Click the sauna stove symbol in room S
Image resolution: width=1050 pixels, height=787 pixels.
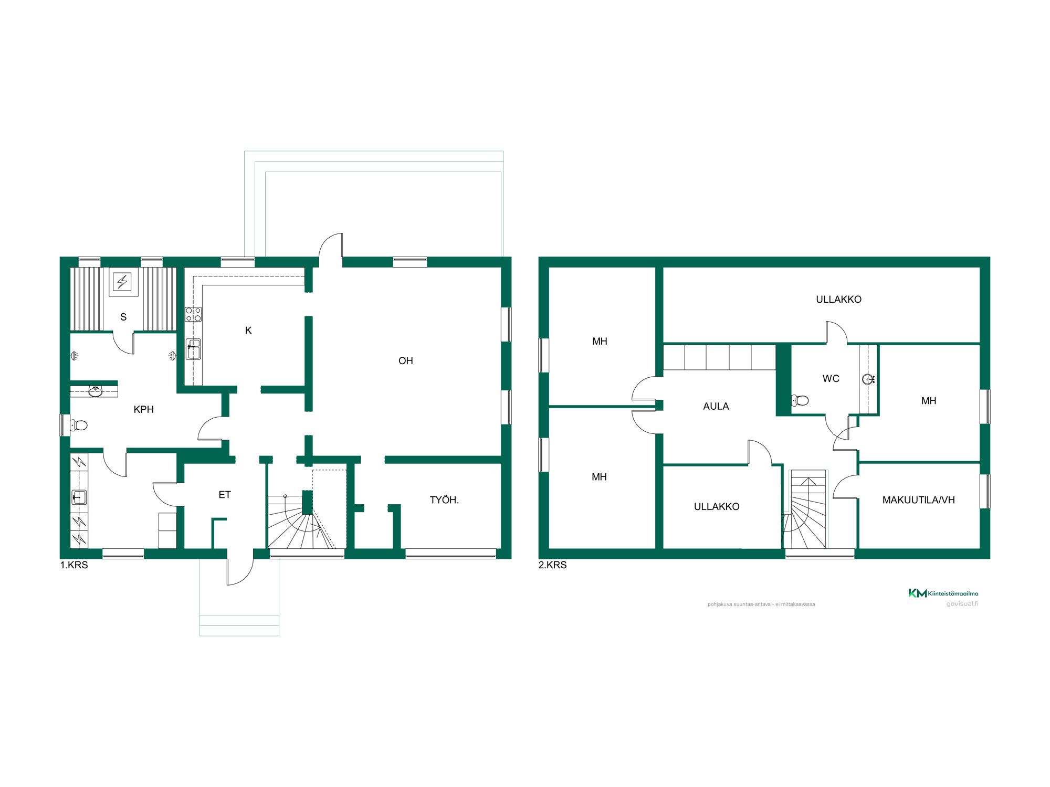[122, 282]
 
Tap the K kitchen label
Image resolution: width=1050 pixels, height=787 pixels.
[248, 331]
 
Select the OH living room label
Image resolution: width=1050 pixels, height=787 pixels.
[406, 361]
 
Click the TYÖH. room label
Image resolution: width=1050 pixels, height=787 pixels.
[444, 500]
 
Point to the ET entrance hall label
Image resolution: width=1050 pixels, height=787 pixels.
[225, 495]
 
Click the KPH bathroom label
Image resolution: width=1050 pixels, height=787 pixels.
[144, 409]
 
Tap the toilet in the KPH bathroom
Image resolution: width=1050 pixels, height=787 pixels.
[79, 425]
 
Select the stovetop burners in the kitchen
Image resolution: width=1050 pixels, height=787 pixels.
[193, 314]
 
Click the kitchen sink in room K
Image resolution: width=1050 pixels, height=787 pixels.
[193, 349]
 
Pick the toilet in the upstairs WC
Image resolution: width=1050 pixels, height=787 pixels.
[800, 401]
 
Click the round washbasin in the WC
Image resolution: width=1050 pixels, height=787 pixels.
[868, 379]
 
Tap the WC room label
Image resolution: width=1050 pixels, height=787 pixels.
[831, 379]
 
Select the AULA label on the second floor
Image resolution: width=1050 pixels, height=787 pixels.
[716, 406]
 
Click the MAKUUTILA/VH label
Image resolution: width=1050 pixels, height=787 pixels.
[919, 500]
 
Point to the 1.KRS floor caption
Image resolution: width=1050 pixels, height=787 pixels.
[74, 565]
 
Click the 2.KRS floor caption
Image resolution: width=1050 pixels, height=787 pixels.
[553, 565]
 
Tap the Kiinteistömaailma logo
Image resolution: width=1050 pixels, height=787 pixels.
[943, 593]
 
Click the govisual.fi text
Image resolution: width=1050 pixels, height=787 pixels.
[962, 604]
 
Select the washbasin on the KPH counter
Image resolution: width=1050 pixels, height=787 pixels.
[96, 391]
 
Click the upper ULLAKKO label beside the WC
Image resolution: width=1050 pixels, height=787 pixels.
[838, 300]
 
